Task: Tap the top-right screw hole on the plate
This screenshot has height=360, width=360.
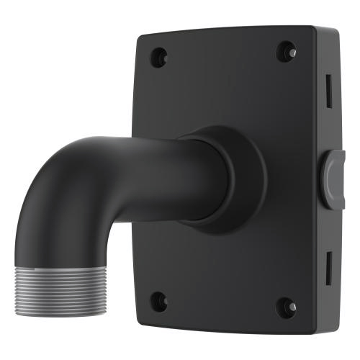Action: coord(287,51)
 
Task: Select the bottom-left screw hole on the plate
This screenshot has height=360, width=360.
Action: coord(160,301)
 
